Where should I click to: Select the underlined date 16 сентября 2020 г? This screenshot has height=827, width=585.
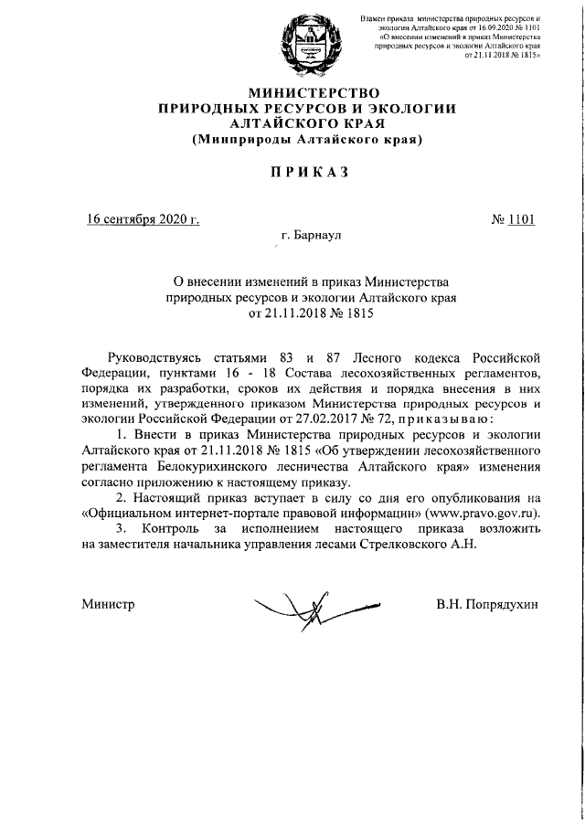143,219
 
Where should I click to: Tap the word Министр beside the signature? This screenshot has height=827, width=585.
108,604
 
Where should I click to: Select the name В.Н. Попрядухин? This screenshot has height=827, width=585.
489,604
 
